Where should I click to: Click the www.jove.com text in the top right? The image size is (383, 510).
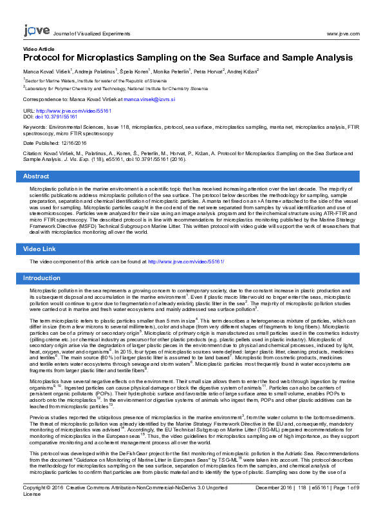tap(343, 33)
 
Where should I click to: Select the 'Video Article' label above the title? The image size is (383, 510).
tap(39, 49)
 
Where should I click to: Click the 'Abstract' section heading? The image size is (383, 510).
tap(36, 176)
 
